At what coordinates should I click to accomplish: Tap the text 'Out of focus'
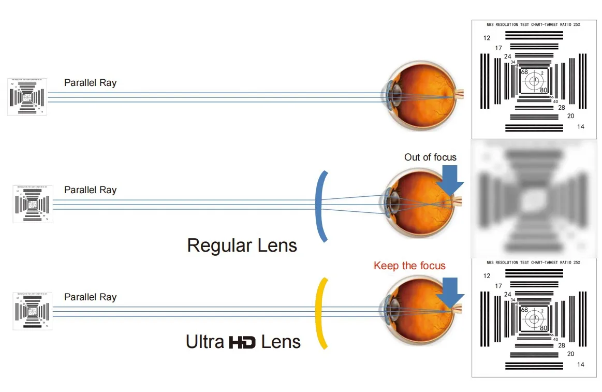tap(430, 157)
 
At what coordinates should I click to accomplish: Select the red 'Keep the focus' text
tap(409, 266)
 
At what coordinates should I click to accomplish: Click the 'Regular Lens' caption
tap(242, 245)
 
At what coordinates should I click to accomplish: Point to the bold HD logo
tap(242, 342)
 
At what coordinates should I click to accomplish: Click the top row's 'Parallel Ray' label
tap(90, 83)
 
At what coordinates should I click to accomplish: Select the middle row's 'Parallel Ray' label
tap(90, 190)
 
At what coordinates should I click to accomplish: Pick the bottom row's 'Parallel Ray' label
tap(90, 297)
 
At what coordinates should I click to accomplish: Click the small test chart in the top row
tap(27, 97)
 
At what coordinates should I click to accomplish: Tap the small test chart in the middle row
tap(32, 204)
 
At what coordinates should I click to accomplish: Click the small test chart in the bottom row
tap(32, 311)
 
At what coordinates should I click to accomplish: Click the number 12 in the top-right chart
tap(487, 38)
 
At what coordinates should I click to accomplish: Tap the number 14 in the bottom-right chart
tap(580, 365)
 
